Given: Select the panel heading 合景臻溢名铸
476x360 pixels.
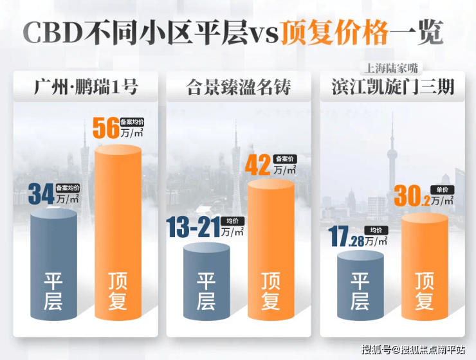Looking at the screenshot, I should [x=238, y=87].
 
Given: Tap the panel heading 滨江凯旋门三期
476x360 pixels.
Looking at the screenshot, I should [x=392, y=87].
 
